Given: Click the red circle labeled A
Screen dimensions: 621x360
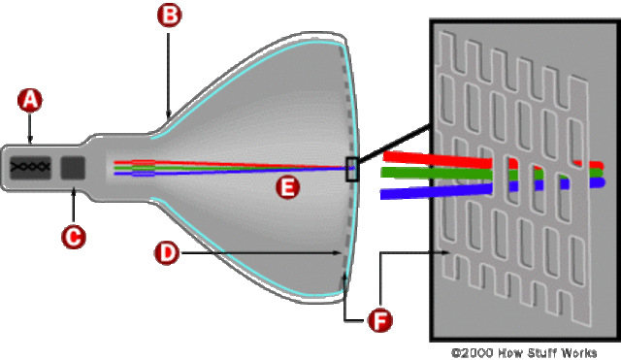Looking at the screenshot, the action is pyautogui.click(x=30, y=99).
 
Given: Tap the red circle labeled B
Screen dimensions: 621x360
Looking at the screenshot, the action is pyautogui.click(x=170, y=16).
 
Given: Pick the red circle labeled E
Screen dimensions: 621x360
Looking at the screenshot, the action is pyautogui.click(x=285, y=188).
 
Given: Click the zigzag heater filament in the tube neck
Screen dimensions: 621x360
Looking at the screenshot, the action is pyautogui.click(x=30, y=167).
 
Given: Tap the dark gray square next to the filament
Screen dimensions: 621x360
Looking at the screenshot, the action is pyautogui.click(x=73, y=167).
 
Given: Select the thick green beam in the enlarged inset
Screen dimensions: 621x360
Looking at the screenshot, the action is pyautogui.click(x=427, y=173).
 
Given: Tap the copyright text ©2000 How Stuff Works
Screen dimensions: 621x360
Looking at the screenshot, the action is pyautogui.click(x=524, y=352).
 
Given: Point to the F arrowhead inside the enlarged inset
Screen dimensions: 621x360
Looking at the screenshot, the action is pyautogui.click(x=446, y=253).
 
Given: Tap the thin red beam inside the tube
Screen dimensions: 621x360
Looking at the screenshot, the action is pyautogui.click(x=233, y=163).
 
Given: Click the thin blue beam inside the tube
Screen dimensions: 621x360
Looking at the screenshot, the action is pyautogui.click(x=233, y=173).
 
